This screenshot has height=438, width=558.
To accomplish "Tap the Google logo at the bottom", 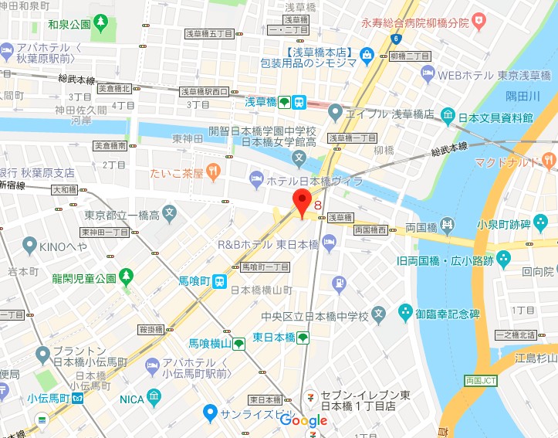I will [303, 421].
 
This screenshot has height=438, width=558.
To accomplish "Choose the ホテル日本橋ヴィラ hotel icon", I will [256, 181].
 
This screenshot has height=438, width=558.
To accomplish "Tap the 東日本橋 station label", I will [274, 338].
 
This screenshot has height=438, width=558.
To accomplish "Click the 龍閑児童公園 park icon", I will [126, 276].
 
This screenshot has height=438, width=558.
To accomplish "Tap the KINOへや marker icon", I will [30, 246].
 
